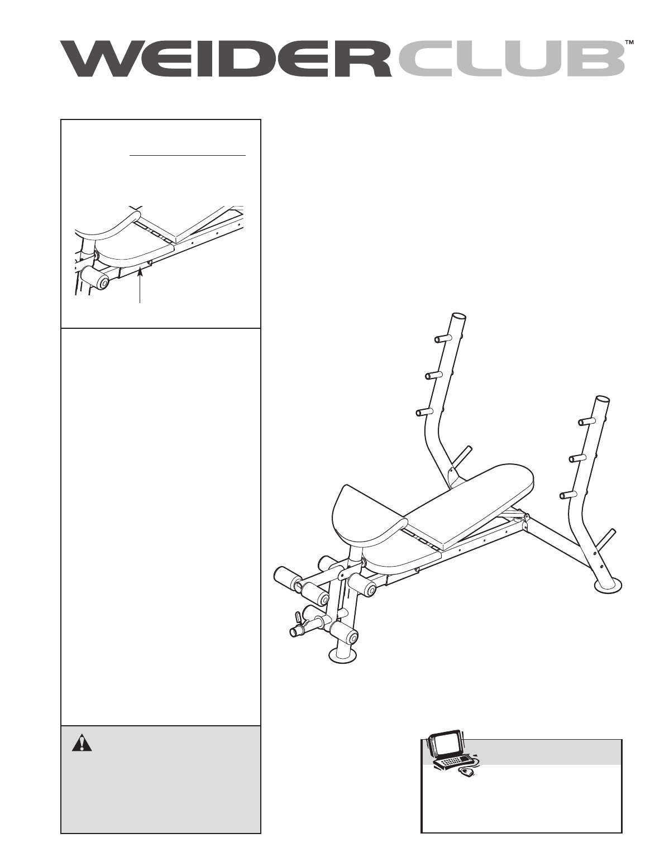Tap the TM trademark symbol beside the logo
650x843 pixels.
(629, 42)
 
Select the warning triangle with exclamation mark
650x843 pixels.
(82, 743)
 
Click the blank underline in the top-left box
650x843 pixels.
(188, 155)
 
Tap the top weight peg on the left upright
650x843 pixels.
(442, 338)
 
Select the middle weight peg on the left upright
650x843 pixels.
(433, 375)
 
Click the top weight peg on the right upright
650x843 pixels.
(587, 422)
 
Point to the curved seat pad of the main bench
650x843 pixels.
(368, 520)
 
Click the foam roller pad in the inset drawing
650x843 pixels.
(94, 277)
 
